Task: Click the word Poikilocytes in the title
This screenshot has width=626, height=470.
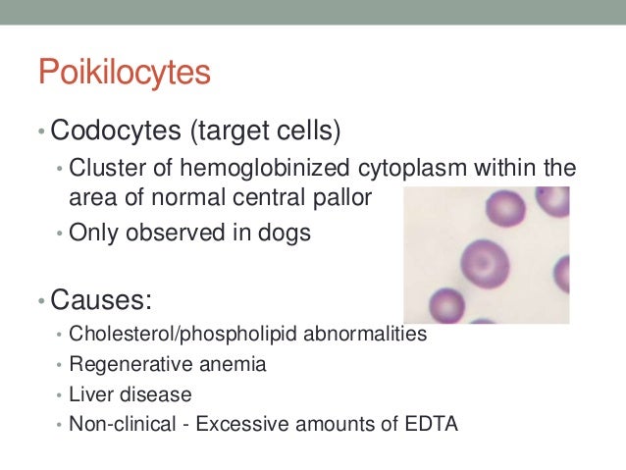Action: pyautogui.click(x=125, y=74)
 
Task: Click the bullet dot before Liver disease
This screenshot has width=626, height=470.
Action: pyautogui.click(x=60, y=395)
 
